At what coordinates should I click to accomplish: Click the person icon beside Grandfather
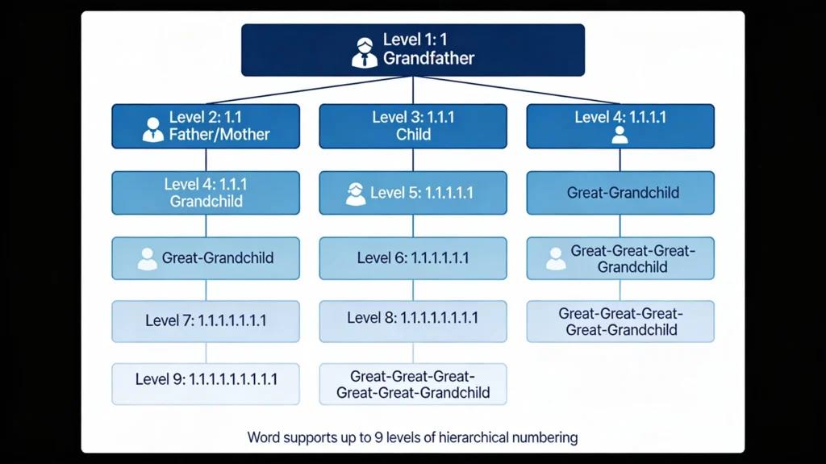point(365,51)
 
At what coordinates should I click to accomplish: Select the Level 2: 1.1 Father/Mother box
point(206,127)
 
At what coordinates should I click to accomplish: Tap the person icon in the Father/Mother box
point(152,129)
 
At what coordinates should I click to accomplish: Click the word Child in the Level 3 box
point(413,135)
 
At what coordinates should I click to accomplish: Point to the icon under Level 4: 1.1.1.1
point(619,135)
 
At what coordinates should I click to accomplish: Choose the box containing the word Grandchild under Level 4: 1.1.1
point(206,193)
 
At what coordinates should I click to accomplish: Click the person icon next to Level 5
point(355,193)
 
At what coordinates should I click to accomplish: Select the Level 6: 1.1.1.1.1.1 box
point(413,258)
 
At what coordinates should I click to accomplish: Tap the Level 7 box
point(206,320)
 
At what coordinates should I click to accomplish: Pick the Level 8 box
point(413,318)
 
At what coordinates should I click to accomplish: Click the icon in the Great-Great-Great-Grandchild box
point(555,258)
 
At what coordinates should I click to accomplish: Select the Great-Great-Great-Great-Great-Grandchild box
point(413,384)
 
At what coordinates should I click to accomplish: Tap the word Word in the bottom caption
point(265,438)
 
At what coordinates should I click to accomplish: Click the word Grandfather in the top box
point(428,58)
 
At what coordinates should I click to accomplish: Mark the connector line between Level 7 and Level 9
point(206,352)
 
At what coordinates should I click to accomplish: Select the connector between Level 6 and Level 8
point(413,290)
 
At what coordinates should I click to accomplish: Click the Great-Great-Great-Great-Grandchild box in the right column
point(620,321)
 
